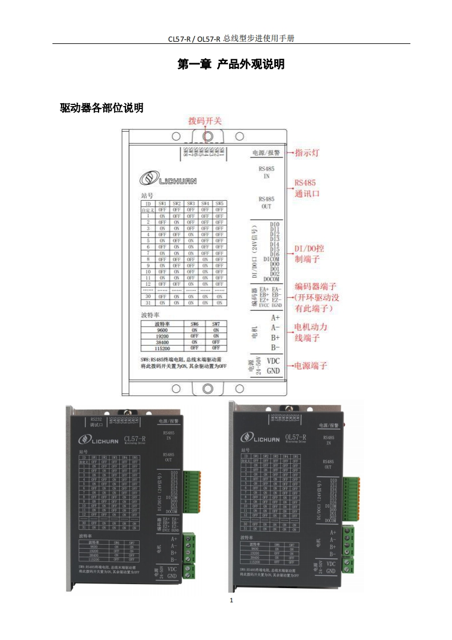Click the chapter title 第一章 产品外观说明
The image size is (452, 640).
[231, 64]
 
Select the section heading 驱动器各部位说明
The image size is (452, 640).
[101, 108]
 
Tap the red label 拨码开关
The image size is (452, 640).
[205, 121]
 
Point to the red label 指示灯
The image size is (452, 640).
[307, 153]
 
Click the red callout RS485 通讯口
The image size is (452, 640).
[306, 188]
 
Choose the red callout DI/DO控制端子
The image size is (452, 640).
[311, 254]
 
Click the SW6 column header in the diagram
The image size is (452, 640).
[194, 323]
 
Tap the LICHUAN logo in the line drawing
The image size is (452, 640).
[169, 180]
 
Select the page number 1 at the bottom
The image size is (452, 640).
[231, 600]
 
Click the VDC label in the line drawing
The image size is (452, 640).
[274, 360]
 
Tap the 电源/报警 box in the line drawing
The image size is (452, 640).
[266, 153]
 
